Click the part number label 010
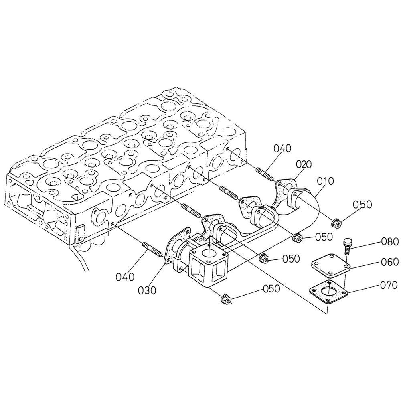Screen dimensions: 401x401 click(x=325, y=181)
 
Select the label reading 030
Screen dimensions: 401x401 click(x=147, y=290)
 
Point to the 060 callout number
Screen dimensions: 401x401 click(x=389, y=262)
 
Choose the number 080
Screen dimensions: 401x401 click(x=389, y=241)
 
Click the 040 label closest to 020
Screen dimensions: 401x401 click(x=282, y=148)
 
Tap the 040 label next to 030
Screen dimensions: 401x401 click(x=125, y=277)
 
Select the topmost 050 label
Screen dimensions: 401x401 click(x=363, y=204)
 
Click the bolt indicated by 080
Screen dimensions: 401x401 click(x=347, y=246)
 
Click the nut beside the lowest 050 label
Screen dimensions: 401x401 click(x=225, y=299)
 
